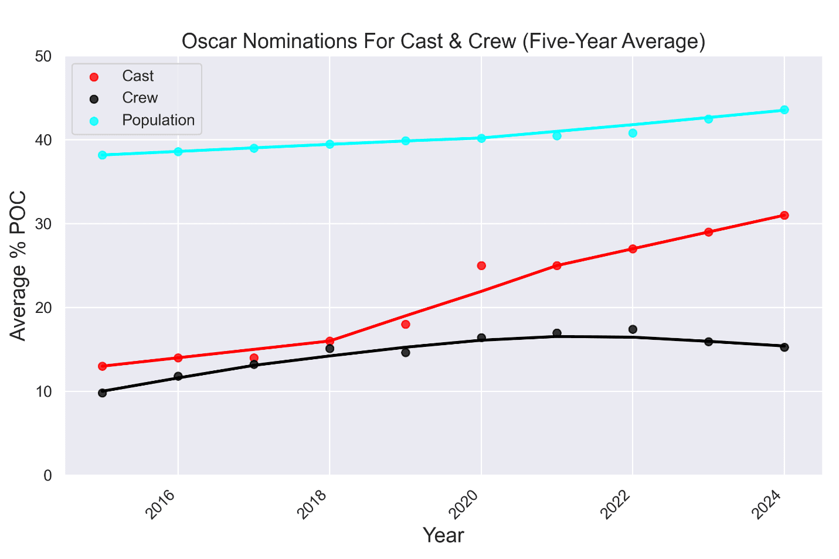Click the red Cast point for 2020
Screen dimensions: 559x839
[x=481, y=265]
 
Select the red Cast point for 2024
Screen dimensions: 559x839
[x=784, y=215]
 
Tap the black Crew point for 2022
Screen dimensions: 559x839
[x=633, y=329]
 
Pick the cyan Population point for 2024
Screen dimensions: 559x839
[x=784, y=110]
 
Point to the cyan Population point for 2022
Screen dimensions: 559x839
[x=633, y=133]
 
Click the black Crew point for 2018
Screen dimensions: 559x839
[x=330, y=348]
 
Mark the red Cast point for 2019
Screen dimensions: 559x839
[x=406, y=324]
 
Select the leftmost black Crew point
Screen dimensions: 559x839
[x=103, y=393]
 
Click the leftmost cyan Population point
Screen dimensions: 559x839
[x=103, y=155]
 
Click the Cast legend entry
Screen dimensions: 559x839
[x=137, y=76]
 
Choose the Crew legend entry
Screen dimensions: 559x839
[x=140, y=98]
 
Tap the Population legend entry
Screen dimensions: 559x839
[x=158, y=120]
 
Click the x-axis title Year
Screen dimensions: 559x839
[x=443, y=535]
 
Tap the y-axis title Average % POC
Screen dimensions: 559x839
[x=19, y=265]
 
